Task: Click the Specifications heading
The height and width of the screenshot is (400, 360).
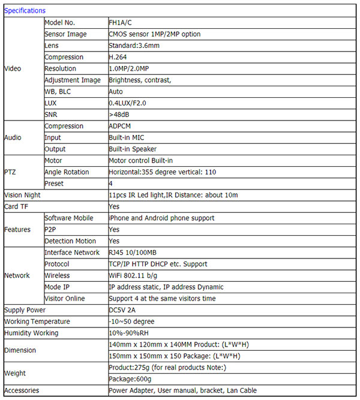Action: (25, 11)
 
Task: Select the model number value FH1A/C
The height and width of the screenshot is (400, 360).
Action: (122, 23)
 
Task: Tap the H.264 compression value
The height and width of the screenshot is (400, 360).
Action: (119, 57)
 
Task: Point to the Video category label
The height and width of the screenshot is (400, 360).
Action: (13, 68)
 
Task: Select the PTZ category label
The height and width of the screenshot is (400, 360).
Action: (11, 172)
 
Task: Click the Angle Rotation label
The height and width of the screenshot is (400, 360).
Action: (66, 172)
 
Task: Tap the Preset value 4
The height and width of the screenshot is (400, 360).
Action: (111, 184)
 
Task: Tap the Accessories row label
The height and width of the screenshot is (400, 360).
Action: (22, 390)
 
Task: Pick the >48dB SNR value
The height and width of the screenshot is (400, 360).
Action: (119, 115)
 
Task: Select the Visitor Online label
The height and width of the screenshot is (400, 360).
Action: (65, 299)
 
